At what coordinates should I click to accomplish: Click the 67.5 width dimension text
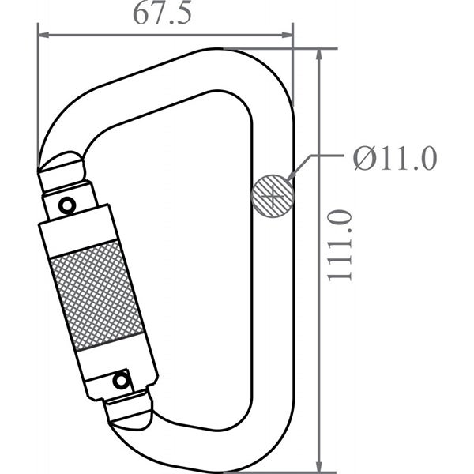tap(162, 16)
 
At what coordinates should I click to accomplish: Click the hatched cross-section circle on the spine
tap(272, 194)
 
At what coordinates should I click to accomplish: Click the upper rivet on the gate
tap(68, 205)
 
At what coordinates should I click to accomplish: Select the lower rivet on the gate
tap(121, 381)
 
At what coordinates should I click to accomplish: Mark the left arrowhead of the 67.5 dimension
tap(44, 35)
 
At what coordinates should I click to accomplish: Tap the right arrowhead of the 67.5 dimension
tap(287, 35)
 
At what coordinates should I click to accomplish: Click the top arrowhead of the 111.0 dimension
tap(319, 55)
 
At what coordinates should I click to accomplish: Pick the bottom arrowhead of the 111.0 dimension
tap(319, 459)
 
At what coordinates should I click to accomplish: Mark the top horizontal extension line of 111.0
tap(316, 49)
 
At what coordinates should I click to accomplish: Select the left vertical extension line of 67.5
tap(38, 95)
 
